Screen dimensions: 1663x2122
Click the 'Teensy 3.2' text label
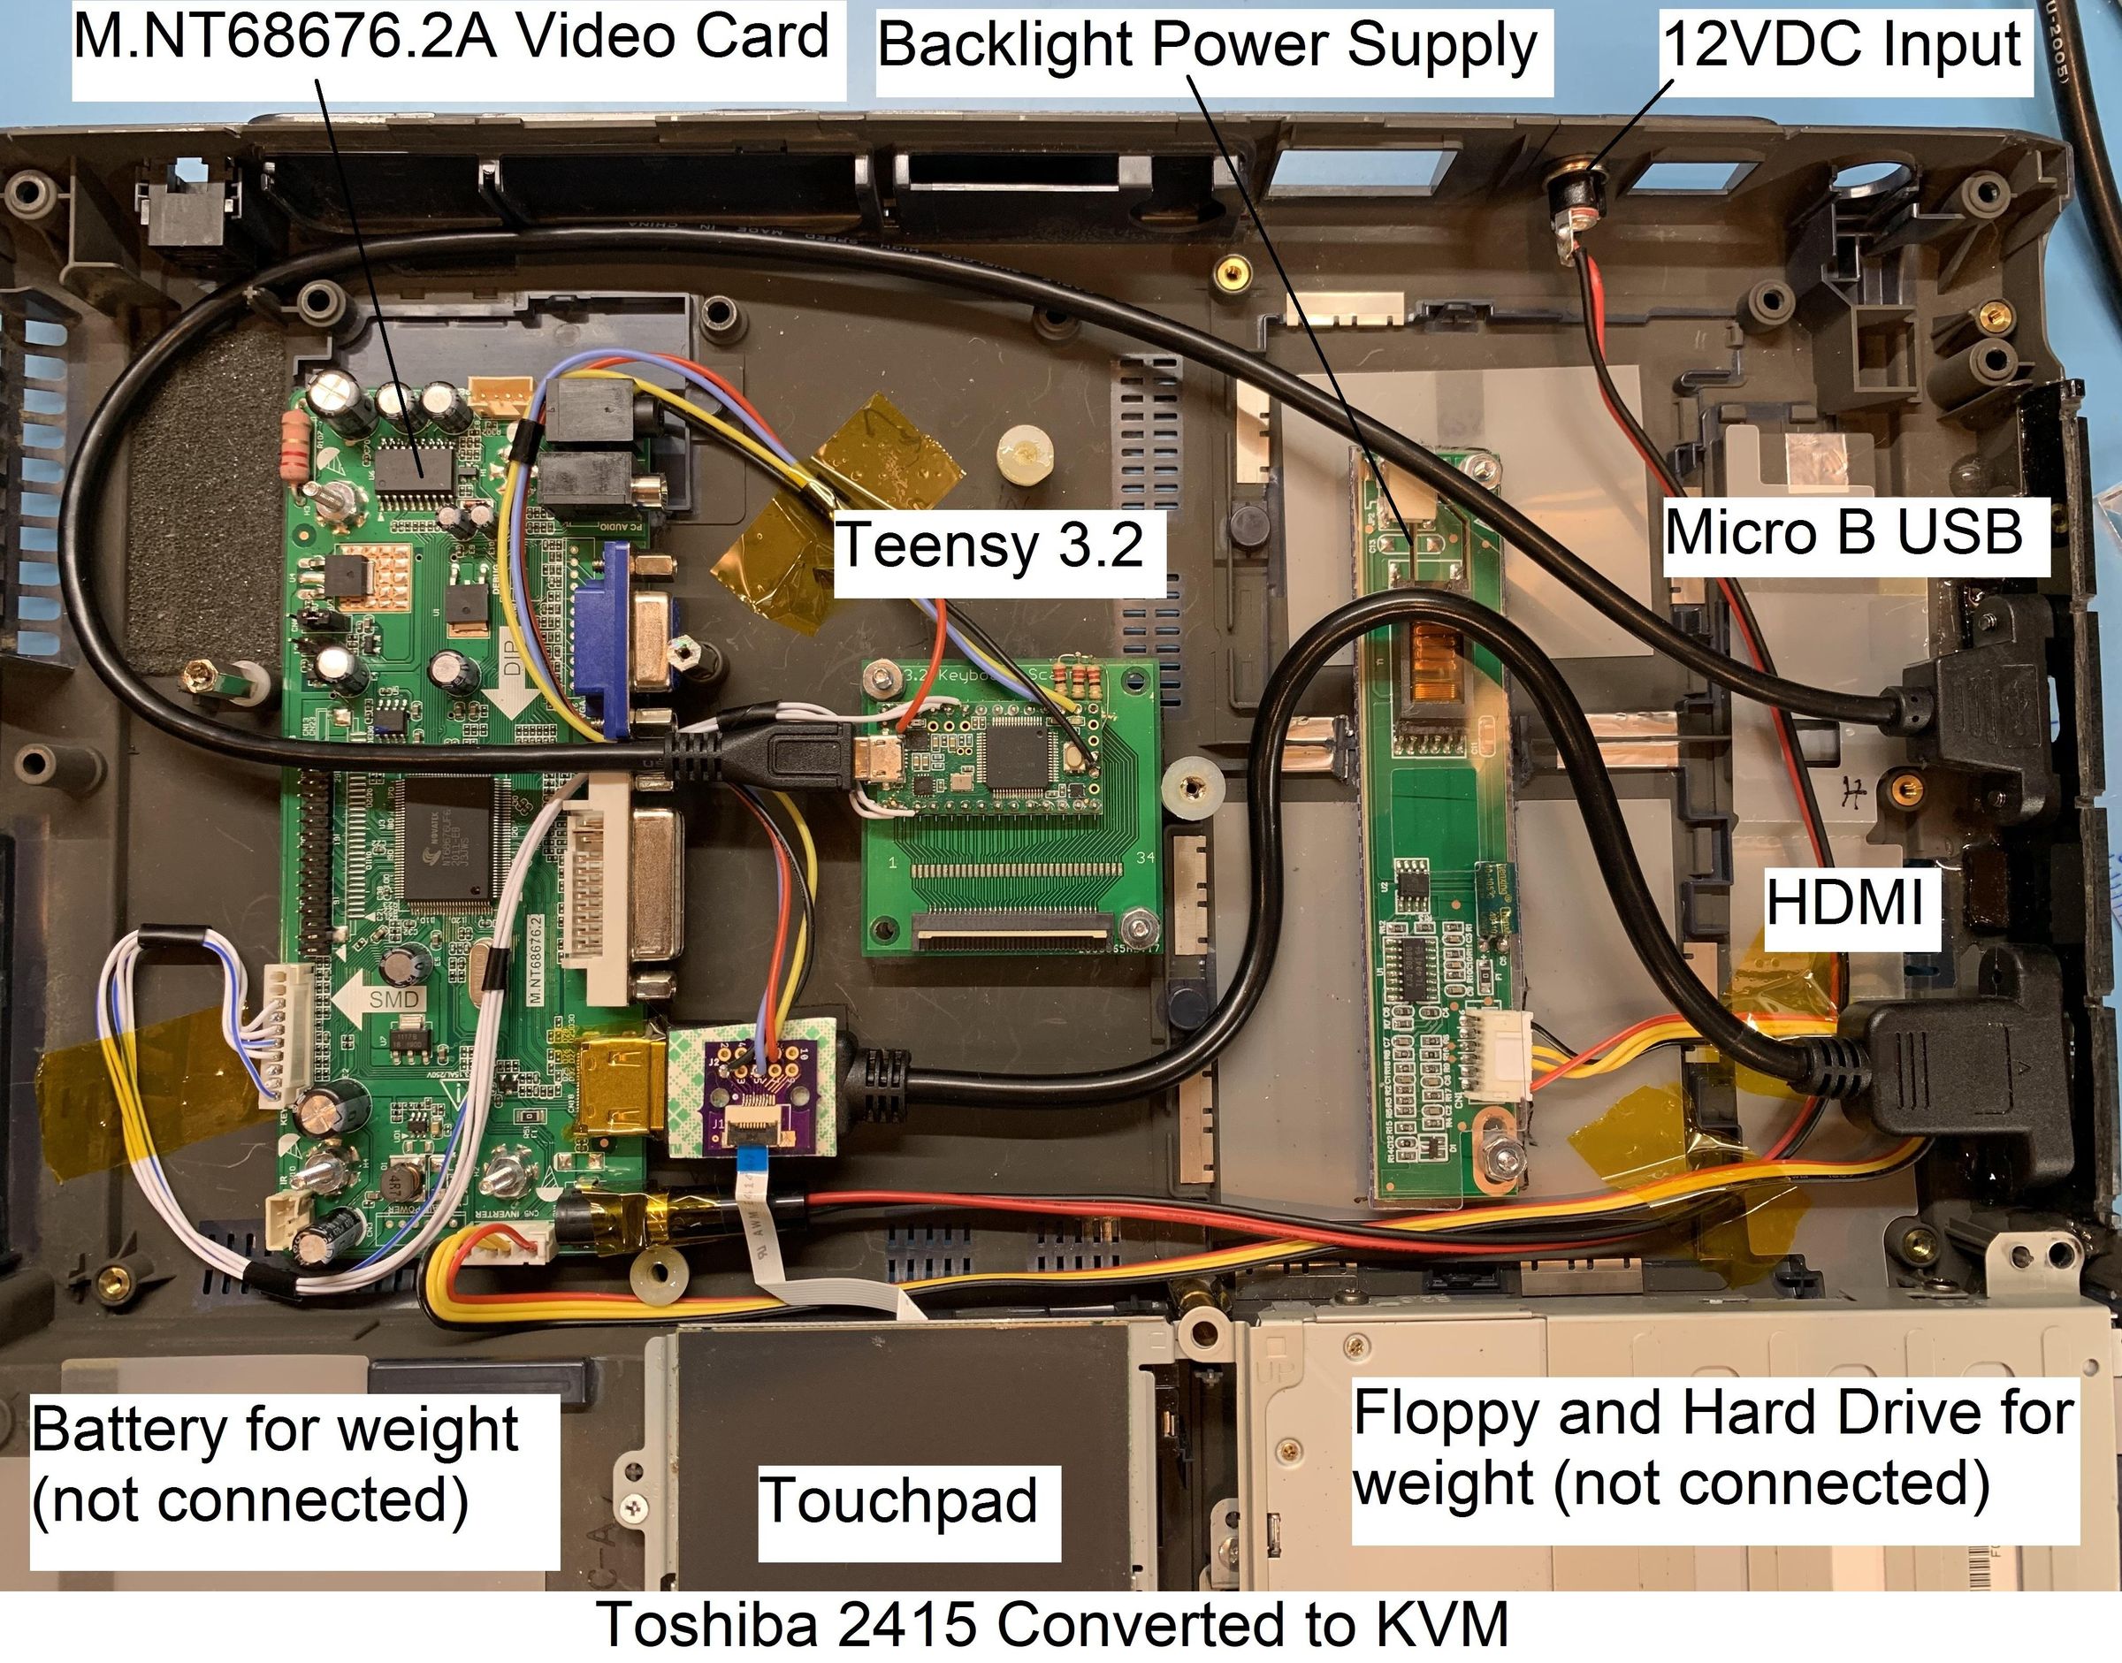click(x=990, y=545)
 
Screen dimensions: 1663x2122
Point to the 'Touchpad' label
click(x=898, y=1500)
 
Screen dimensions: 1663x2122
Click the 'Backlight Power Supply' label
click(x=1208, y=46)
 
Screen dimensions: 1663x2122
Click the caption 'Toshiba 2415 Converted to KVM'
click(x=1052, y=1625)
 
